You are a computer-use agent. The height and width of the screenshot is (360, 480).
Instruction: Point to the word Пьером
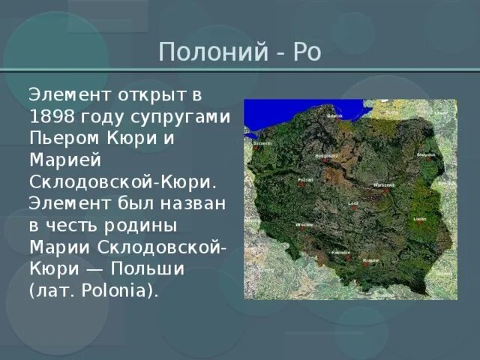point(62,139)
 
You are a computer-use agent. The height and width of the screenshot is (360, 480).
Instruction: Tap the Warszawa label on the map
point(384,184)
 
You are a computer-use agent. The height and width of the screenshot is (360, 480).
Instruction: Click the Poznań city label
point(306,180)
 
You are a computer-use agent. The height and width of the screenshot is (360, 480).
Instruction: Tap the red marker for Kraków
point(365,262)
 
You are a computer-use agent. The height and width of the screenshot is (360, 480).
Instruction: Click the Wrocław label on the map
point(304,224)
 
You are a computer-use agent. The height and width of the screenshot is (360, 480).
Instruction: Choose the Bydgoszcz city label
point(328,155)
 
